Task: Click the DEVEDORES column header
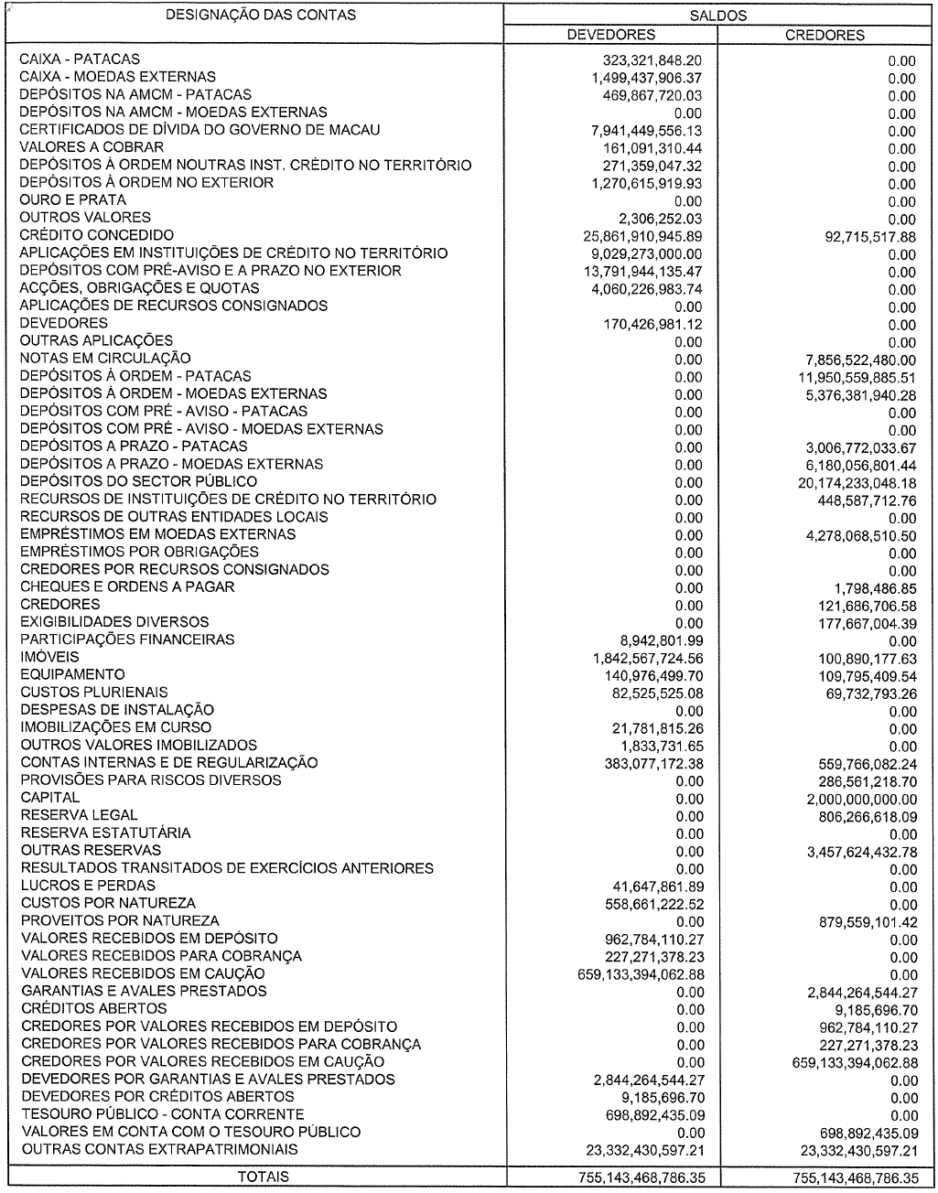611,35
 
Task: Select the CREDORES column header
825,35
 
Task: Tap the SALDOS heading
718,16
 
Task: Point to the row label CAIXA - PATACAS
81,59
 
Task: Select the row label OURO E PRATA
73,200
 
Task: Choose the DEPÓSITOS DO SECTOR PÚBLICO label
138,482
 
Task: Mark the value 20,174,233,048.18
851,482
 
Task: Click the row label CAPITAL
49,798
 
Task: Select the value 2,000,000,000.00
854,799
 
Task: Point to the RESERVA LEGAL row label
79,815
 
